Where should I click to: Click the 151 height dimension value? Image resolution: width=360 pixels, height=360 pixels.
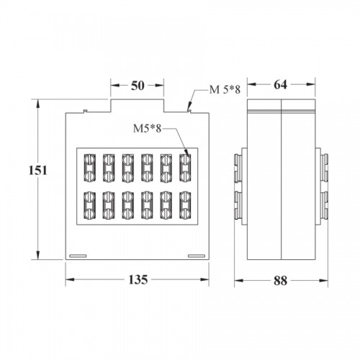[38, 171]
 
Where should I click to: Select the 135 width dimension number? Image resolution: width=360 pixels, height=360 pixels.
[138, 279]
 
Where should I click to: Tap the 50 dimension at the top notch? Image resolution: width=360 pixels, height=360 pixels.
[138, 86]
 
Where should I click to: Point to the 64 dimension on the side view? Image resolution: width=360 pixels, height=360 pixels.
[280, 84]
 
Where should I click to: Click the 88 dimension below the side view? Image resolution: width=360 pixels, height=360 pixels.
[280, 281]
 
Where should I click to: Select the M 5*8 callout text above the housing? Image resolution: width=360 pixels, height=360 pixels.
[225, 90]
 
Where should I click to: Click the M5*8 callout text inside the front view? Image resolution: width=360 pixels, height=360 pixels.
[148, 129]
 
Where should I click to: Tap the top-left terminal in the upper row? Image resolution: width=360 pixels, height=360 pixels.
[89, 168]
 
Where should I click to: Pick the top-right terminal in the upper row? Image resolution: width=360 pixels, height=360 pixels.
[185, 168]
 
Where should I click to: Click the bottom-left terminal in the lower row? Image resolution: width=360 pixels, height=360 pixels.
[89, 205]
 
